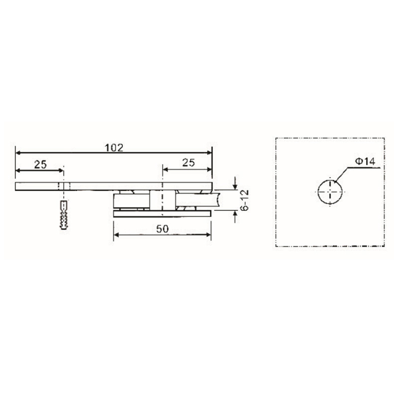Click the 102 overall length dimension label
113,148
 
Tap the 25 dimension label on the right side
188,162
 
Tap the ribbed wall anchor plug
63,214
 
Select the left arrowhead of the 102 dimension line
19,153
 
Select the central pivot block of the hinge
162,200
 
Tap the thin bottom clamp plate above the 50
163,213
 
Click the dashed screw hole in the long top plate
63,186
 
